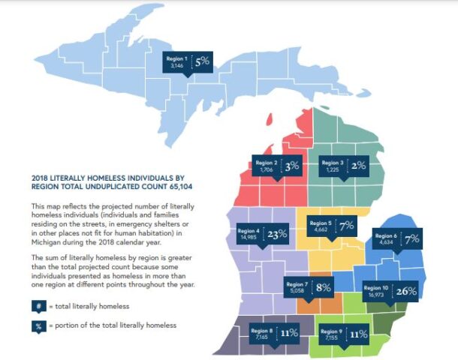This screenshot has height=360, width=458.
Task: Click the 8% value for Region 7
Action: pyautogui.click(x=324, y=287)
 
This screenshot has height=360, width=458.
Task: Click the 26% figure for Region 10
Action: pyautogui.click(x=405, y=291)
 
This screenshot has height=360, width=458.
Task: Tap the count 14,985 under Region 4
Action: pyautogui.click(x=247, y=238)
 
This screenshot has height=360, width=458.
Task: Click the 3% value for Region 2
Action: pyautogui.click(x=292, y=166)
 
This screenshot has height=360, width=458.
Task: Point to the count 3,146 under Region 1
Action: pyautogui.click(x=177, y=67)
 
